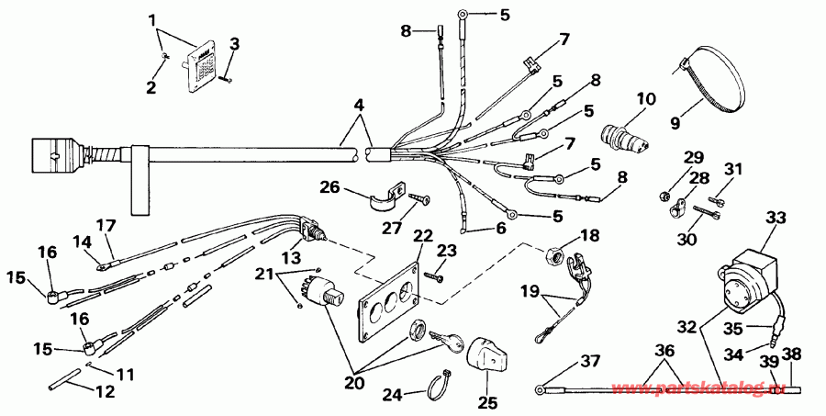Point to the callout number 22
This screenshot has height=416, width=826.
click(423, 238)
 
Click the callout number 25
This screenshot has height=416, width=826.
click(486, 402)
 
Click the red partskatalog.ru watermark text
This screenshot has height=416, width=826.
click(716, 391)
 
